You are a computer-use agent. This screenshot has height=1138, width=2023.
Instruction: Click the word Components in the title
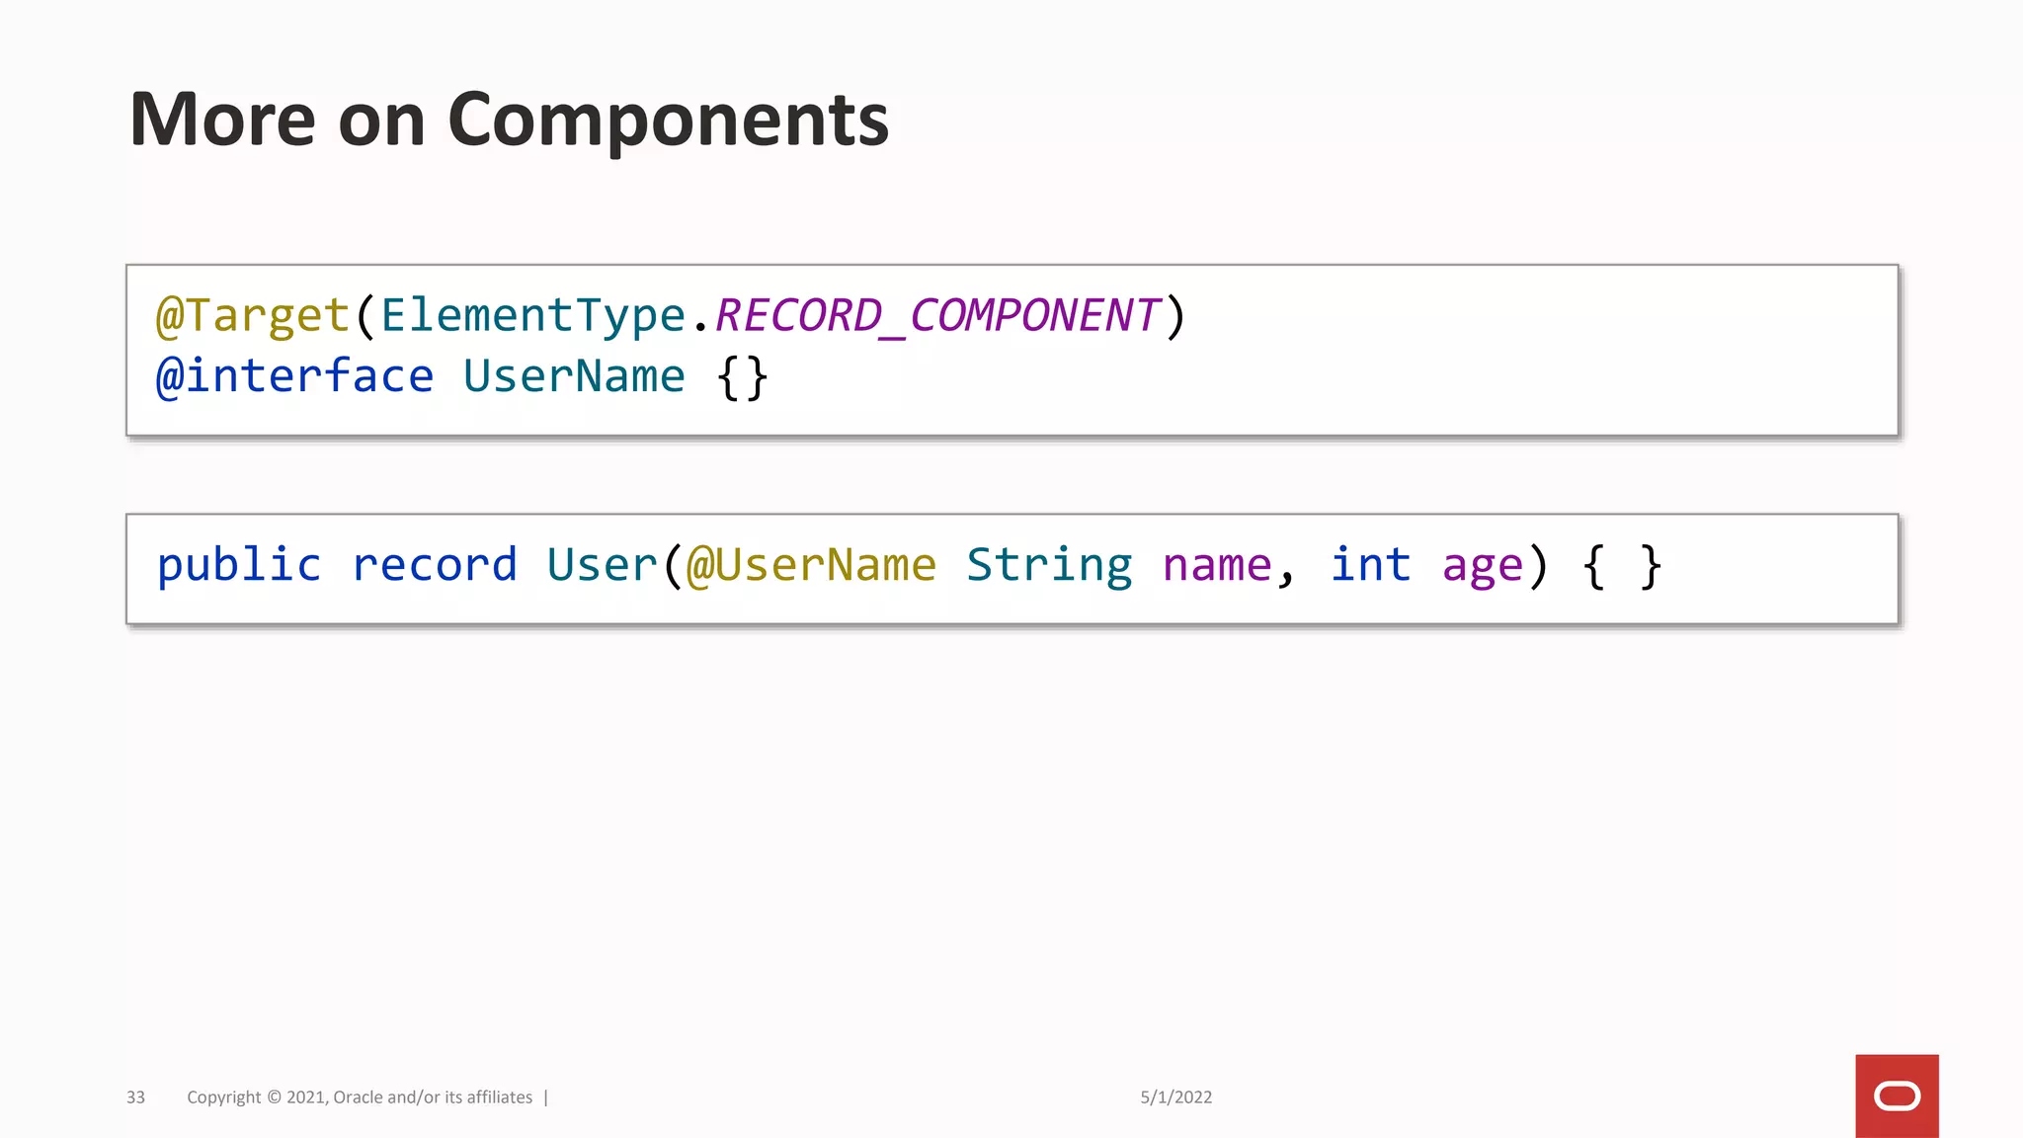[668, 121]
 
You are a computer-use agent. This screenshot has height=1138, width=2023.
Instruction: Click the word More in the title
[222, 121]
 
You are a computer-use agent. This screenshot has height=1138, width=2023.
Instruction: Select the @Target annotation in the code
[253, 316]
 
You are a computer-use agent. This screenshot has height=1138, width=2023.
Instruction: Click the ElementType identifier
[533, 316]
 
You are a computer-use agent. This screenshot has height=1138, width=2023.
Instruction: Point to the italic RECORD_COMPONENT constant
[936, 316]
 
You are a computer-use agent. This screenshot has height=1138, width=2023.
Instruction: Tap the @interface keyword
[294, 376]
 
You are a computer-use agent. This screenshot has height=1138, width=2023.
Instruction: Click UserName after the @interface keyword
[574, 376]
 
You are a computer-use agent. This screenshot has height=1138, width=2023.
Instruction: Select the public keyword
[239, 566]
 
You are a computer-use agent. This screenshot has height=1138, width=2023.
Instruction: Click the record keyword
[435, 566]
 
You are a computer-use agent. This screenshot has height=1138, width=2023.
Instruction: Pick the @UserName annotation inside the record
[811, 566]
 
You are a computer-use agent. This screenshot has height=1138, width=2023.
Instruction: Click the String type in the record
[1049, 566]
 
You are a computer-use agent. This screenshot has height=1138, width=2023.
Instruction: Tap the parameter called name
[1217, 566]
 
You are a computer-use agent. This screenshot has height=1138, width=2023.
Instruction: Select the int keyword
[1371, 566]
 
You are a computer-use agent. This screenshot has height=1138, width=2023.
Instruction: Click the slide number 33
[136, 1097]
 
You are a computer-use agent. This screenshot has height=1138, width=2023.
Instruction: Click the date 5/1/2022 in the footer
[1175, 1097]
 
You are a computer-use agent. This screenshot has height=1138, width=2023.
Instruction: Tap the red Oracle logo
[1897, 1097]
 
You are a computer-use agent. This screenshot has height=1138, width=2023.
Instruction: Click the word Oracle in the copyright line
[358, 1097]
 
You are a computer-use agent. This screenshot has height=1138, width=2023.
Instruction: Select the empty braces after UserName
[743, 377]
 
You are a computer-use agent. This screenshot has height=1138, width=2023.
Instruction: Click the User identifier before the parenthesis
[602, 566]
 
